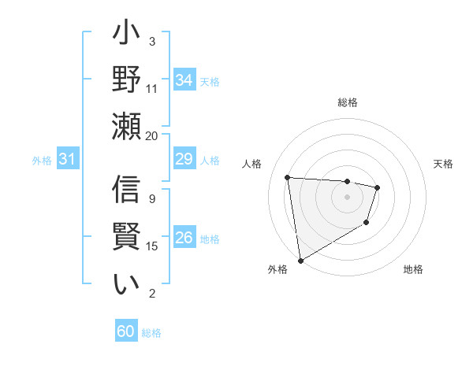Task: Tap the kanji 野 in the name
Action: tap(126, 80)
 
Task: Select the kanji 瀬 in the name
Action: tap(126, 126)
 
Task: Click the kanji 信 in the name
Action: tap(126, 191)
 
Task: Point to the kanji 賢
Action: tap(126, 237)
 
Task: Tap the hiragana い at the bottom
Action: tap(126, 284)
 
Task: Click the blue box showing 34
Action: tap(184, 80)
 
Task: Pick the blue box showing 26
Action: tap(184, 239)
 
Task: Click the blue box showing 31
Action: tap(68, 160)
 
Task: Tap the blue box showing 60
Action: tap(126, 331)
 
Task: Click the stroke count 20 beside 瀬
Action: tap(152, 135)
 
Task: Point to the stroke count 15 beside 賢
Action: tap(152, 246)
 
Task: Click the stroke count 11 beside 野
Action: tap(152, 88)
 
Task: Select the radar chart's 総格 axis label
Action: tap(347, 102)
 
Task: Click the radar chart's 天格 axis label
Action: tap(443, 164)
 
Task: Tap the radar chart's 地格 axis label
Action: tap(413, 269)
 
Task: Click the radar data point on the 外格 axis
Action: tap(300, 260)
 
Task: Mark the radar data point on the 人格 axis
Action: tap(288, 177)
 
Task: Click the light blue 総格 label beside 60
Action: tap(151, 332)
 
